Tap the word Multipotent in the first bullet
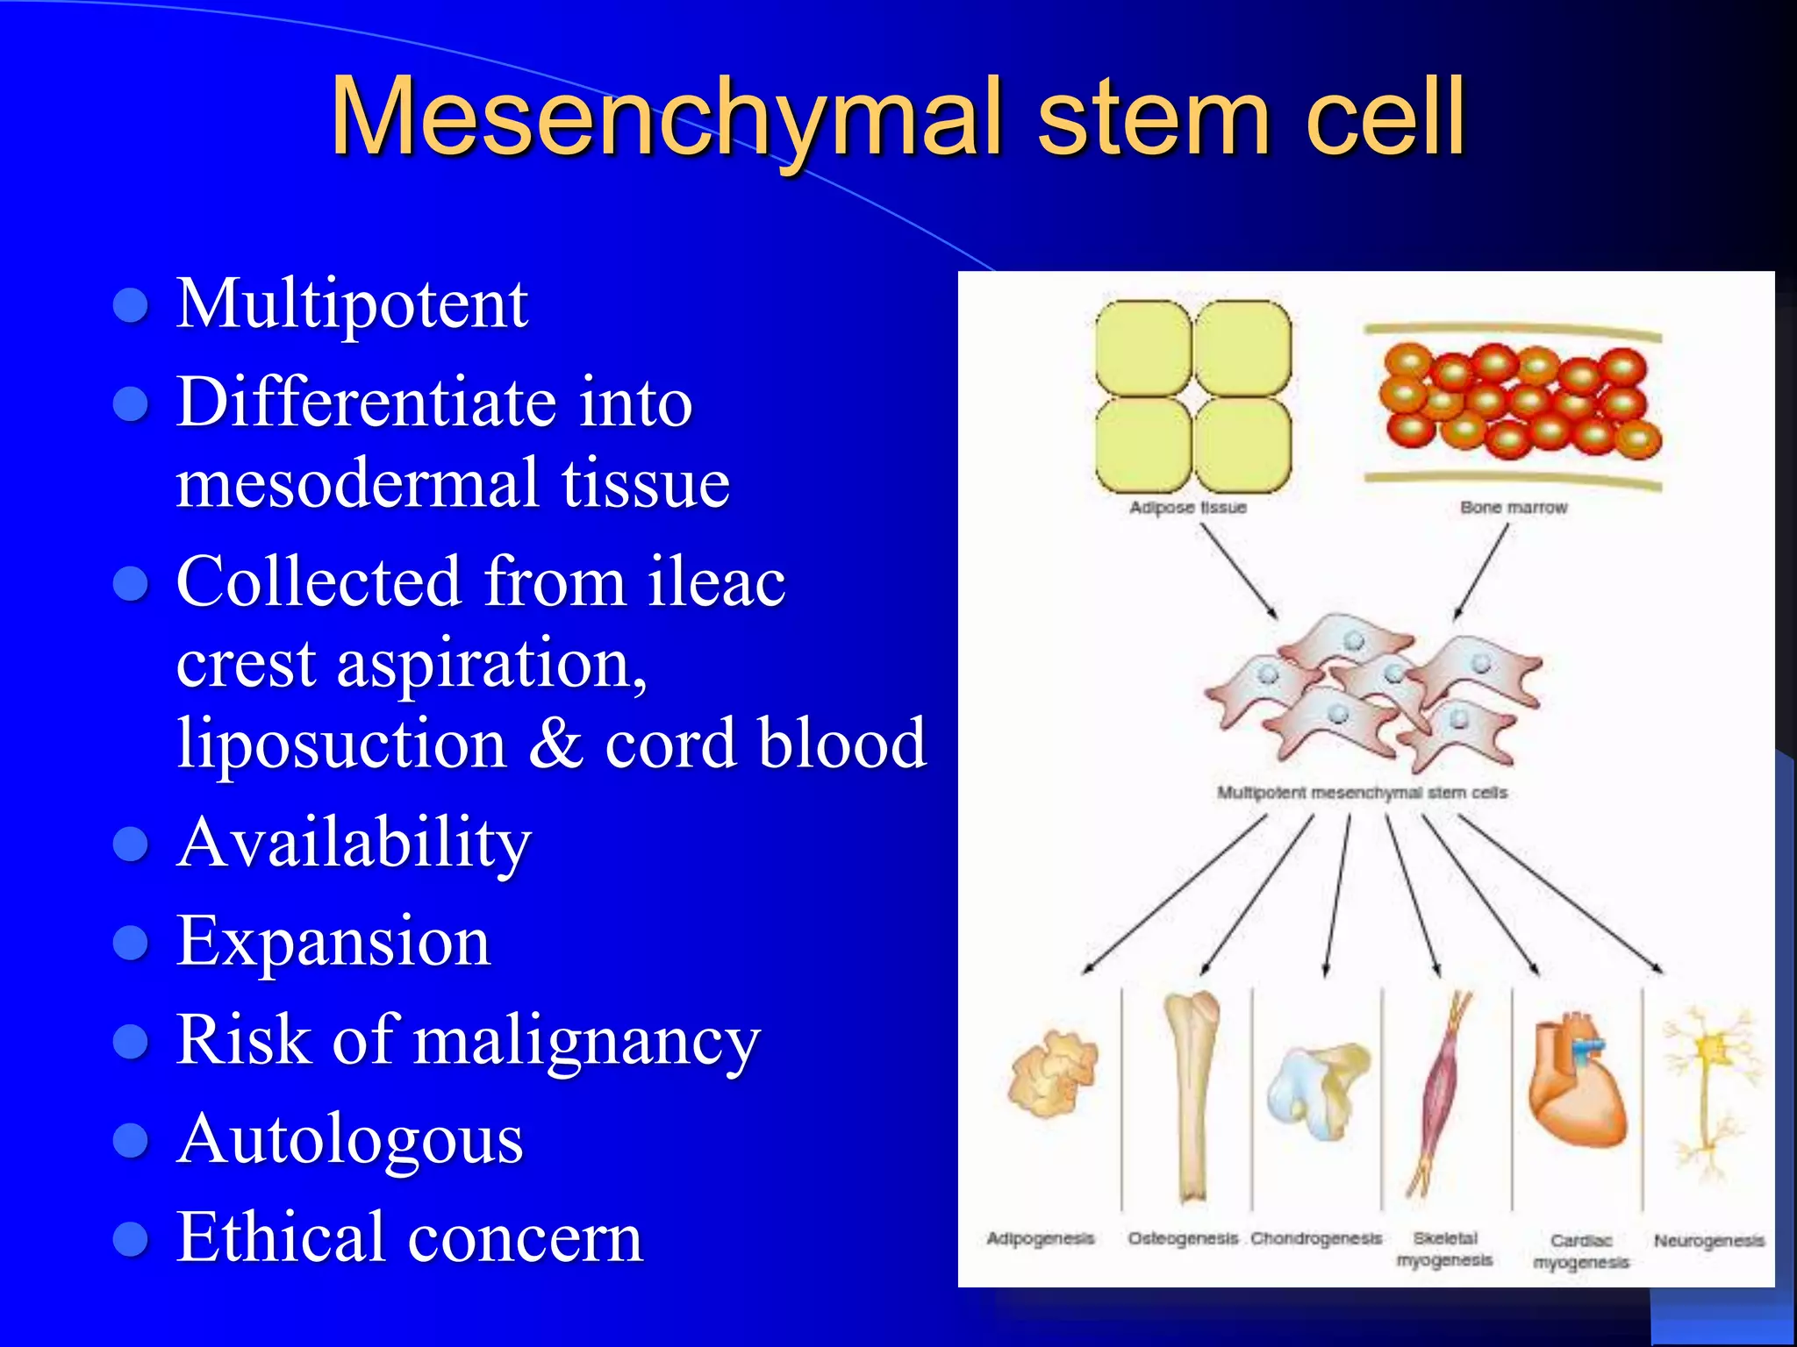(352, 304)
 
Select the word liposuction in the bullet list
(342, 744)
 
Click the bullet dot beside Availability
(132, 844)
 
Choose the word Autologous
(350, 1139)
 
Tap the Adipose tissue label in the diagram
(1187, 508)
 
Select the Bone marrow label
(1513, 508)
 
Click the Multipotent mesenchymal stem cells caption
(1361, 793)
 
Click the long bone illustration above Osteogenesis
(1191, 1096)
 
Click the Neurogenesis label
(1708, 1241)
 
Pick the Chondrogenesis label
(1315, 1239)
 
